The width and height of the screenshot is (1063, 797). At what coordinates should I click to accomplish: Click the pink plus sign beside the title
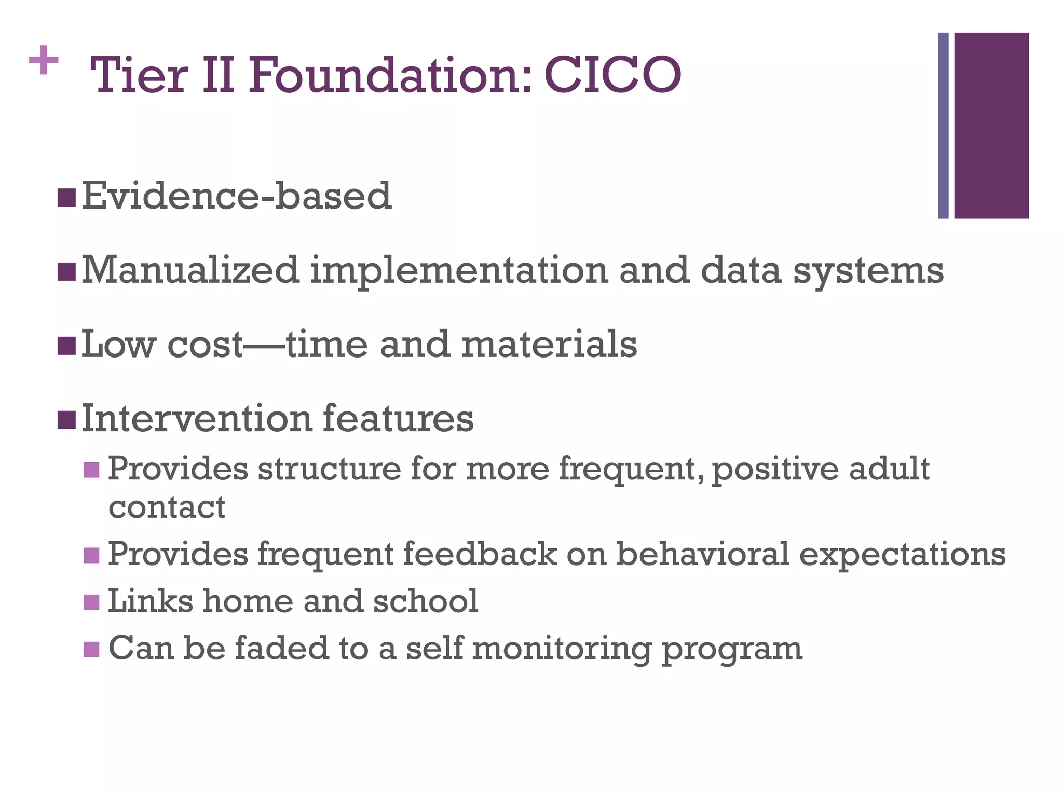click(x=44, y=61)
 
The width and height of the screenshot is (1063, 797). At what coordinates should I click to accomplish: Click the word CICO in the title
click(x=612, y=76)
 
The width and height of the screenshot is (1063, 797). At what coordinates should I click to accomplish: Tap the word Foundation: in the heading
click(x=390, y=76)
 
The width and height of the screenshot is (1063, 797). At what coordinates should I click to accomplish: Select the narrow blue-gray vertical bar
click(x=943, y=126)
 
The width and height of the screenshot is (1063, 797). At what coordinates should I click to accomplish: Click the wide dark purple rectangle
click(x=991, y=126)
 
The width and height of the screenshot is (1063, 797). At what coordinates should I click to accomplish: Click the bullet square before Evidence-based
click(x=66, y=197)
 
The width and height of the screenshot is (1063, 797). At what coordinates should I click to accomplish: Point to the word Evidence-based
click(x=237, y=196)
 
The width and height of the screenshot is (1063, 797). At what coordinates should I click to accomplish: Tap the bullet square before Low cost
click(x=66, y=346)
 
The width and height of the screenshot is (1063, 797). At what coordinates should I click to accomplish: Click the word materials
click(x=549, y=345)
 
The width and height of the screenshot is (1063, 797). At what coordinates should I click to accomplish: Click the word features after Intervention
click(x=398, y=418)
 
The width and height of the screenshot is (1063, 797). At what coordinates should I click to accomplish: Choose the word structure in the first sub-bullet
click(x=329, y=469)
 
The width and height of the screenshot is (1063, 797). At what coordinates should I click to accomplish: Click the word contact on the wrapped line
click(x=167, y=507)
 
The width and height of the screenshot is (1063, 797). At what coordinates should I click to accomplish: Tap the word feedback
click(x=480, y=554)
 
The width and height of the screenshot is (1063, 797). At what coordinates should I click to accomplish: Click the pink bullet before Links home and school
click(x=91, y=602)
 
